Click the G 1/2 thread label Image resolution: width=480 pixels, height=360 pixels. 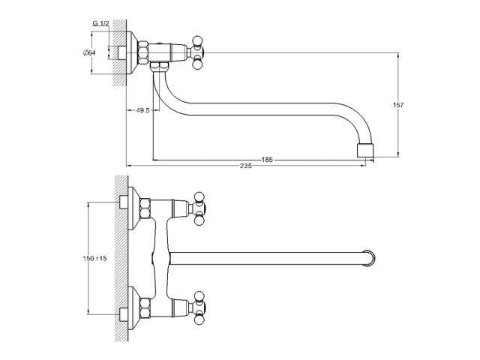coord(100,23)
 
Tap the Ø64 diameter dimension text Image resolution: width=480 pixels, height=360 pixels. coord(89,52)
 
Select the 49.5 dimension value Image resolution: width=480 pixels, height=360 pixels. coord(142,110)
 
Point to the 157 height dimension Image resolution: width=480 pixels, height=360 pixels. coord(398,105)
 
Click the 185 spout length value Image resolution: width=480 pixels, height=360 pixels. coord(267,160)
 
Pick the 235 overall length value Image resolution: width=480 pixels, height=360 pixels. coord(246,166)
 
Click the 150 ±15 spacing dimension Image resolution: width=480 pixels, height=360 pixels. coord(95,258)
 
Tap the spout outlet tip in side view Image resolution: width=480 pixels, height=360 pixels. coord(365,150)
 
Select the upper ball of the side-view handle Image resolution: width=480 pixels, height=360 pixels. coord(197,41)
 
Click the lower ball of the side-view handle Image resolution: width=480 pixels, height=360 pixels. coord(197,64)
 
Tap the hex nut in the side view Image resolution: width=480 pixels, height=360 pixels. coord(143,52)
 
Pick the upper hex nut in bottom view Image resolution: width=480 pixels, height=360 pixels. coord(145,208)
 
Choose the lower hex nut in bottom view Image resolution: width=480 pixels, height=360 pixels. coord(145,307)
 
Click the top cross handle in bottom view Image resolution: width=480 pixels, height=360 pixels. coord(199,208)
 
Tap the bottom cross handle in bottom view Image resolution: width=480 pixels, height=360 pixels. coord(199,307)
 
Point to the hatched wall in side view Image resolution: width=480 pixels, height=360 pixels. coord(120,52)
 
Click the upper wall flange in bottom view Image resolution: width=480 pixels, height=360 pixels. coord(133,208)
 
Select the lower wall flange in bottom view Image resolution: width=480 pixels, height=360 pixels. coord(133,308)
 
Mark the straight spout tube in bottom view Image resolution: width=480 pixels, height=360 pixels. coord(266,258)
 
